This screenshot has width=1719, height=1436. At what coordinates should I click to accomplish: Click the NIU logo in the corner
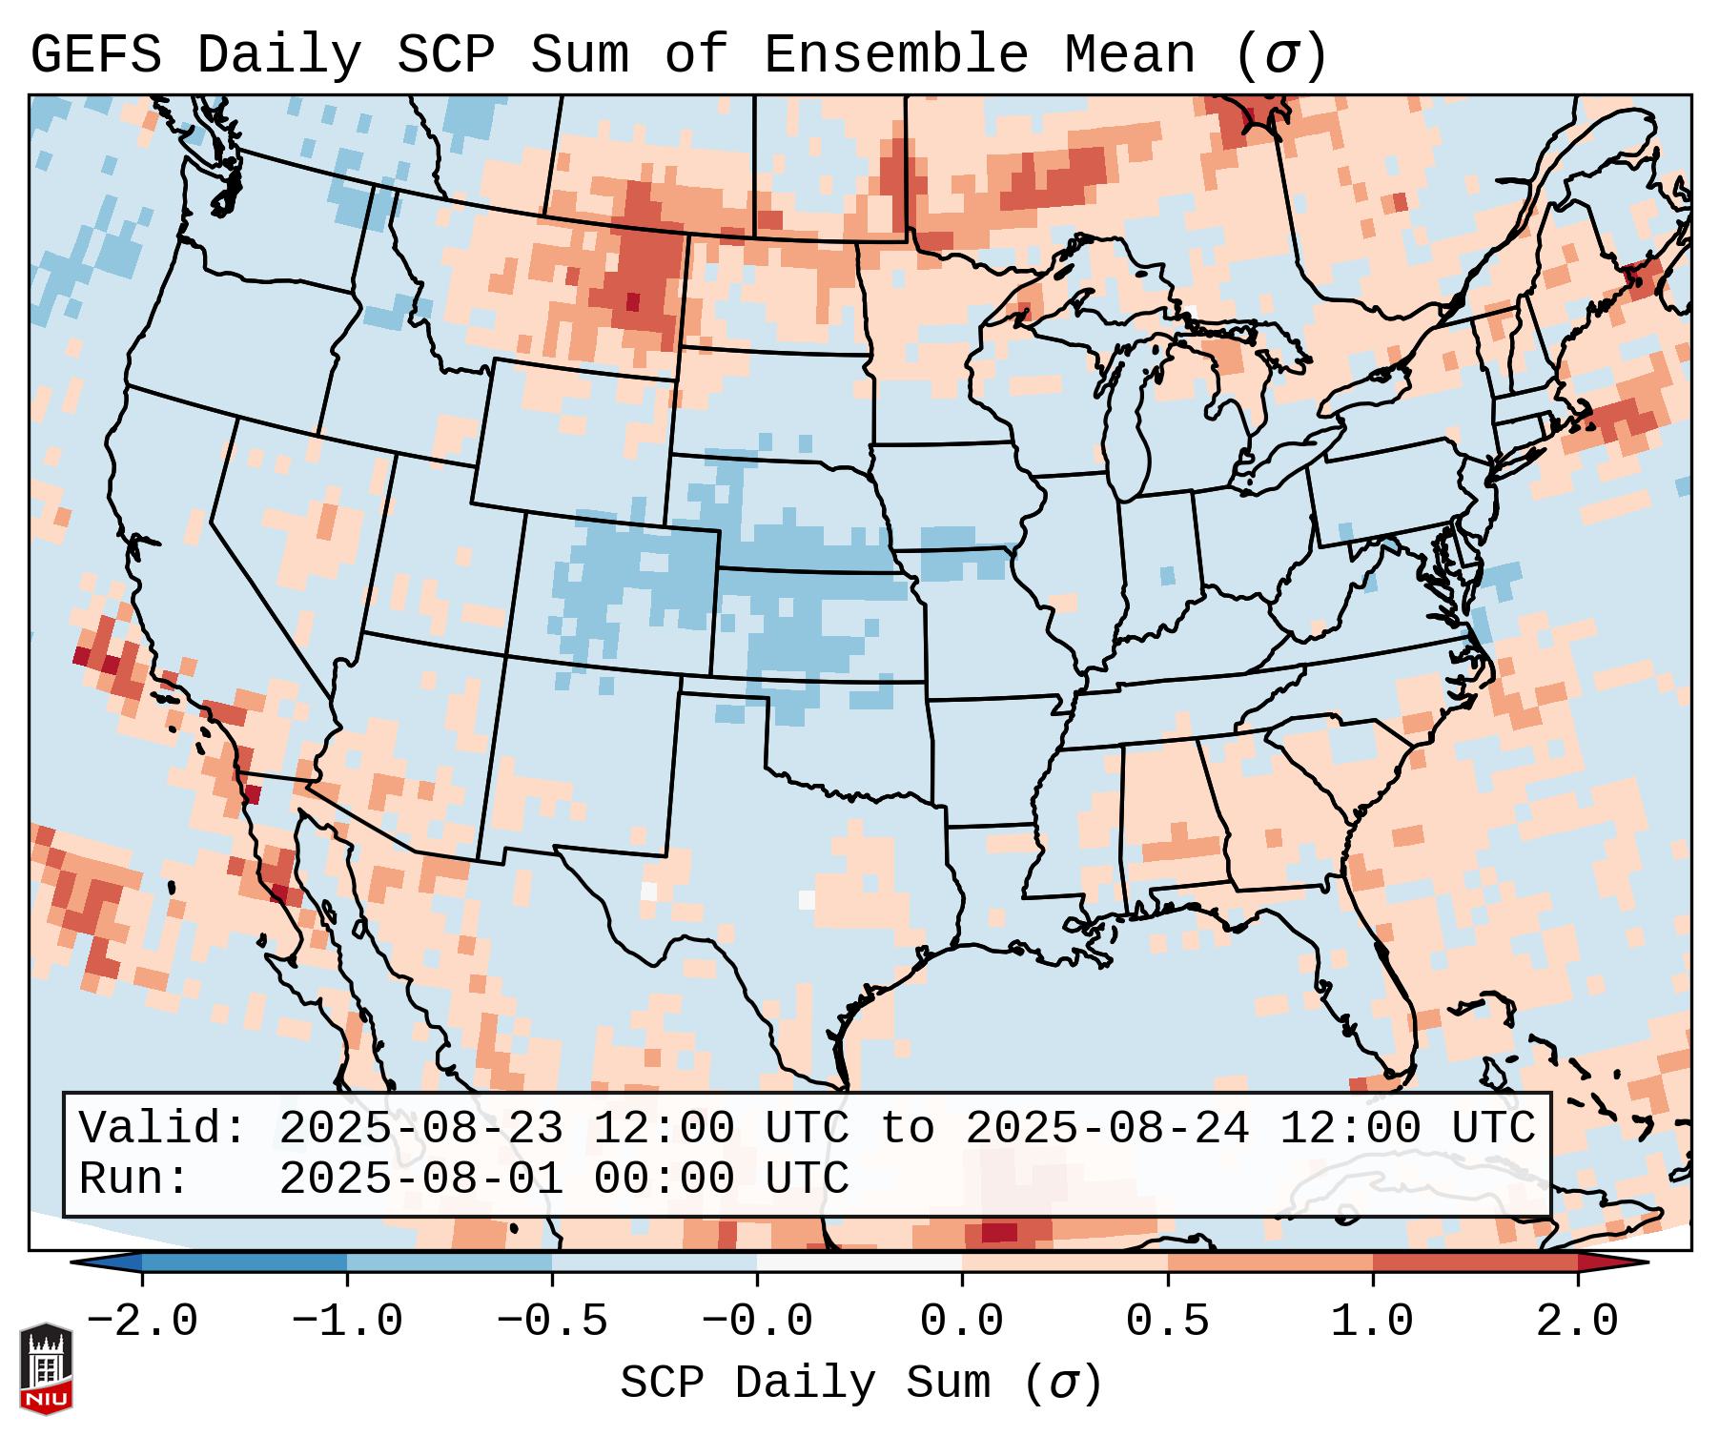coord(46,1367)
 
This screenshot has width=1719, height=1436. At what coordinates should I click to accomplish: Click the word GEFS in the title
coord(96,55)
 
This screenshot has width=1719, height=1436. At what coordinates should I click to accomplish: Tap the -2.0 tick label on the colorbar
coord(142,1322)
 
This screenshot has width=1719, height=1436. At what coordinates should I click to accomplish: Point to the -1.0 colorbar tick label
coord(347,1322)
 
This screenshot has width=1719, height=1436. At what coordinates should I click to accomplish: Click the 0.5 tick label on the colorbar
coord(1167,1322)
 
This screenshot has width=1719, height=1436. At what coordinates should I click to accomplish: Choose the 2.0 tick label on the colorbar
coord(1577,1322)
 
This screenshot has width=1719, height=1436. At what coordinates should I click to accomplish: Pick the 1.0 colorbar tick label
coord(1372,1322)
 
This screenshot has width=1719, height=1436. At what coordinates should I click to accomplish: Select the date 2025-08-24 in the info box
coord(1107,1128)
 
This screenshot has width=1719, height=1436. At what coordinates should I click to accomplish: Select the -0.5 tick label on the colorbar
coord(552,1322)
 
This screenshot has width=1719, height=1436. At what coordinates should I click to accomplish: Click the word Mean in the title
coord(1130,55)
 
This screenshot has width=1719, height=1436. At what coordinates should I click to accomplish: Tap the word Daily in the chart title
coord(279,55)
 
